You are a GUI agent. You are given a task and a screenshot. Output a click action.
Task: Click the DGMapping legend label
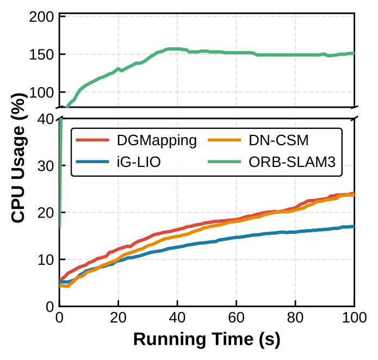pos(157,141)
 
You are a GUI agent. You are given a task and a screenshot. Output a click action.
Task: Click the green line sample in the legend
pos(227,163)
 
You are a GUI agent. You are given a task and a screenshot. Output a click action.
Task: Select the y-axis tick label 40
pos(45,120)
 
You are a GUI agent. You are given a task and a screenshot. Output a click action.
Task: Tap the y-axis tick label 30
pos(45,166)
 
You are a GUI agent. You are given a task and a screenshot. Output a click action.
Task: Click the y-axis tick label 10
pos(45,260)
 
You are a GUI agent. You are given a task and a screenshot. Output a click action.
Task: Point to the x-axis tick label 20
pos(119,318)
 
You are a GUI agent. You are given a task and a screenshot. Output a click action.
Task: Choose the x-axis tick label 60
pos(236,318)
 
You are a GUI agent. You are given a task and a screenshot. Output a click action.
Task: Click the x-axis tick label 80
pos(295,318)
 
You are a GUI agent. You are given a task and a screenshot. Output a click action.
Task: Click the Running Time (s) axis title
pos(207,340)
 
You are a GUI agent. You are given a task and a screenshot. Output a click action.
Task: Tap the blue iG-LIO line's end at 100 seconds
pos(353,226)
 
